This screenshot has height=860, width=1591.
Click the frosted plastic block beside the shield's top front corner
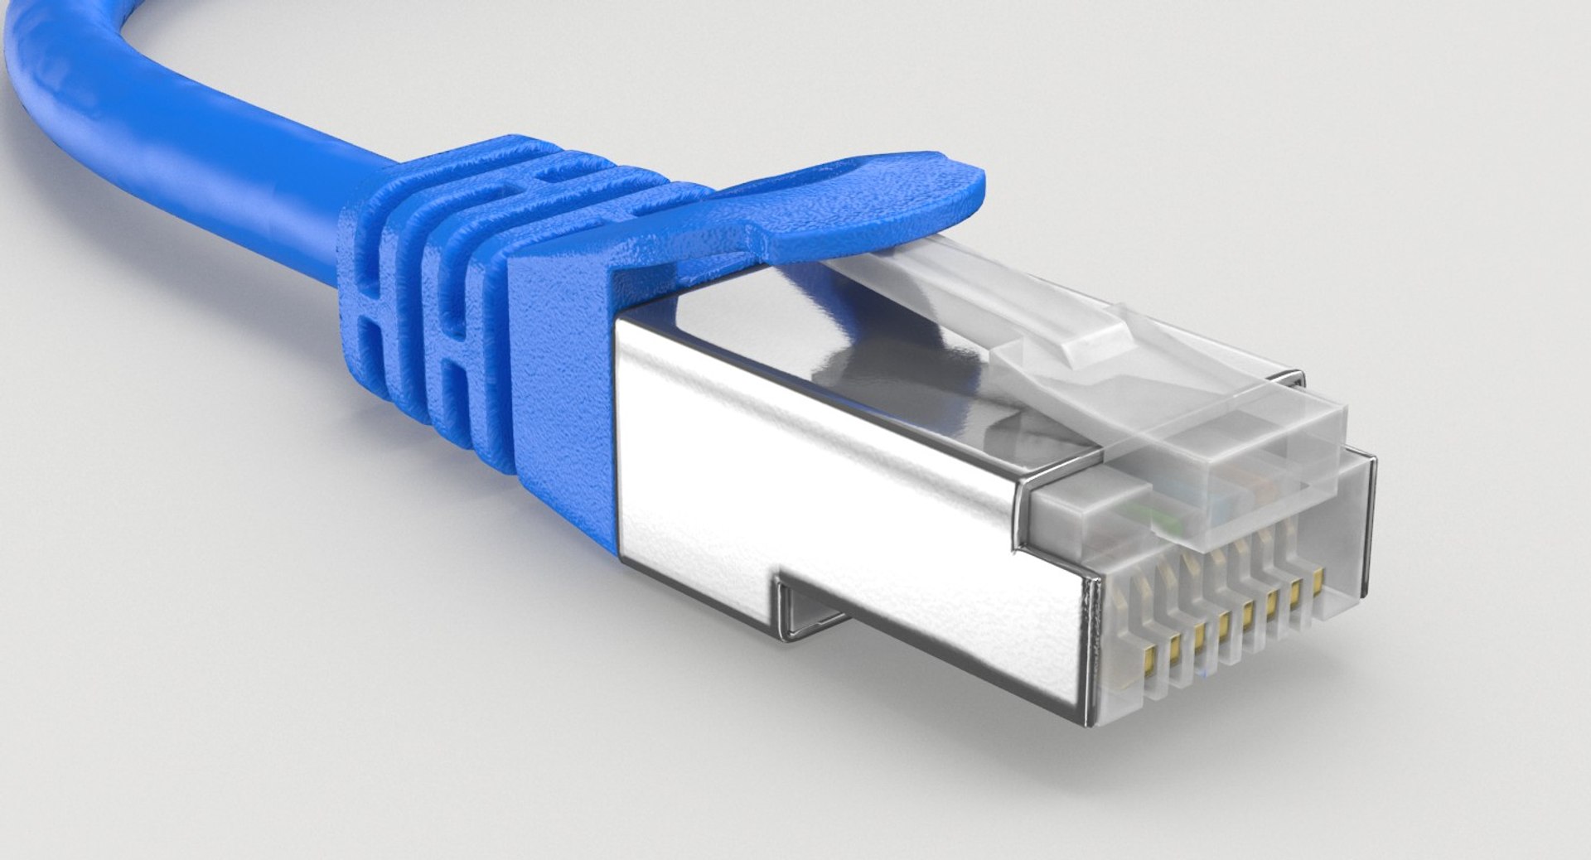1077,514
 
